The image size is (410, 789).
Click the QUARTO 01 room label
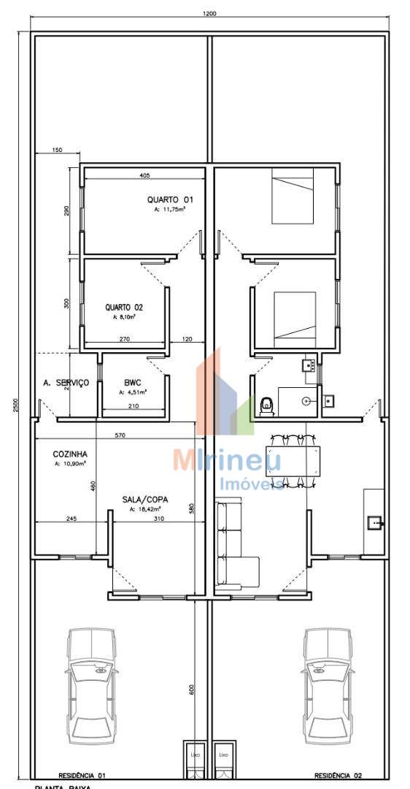[170, 199]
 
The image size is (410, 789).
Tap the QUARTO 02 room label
[118, 308]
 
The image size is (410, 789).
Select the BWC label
[132, 382]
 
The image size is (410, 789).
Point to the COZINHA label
[70, 454]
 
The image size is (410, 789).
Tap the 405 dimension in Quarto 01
[144, 175]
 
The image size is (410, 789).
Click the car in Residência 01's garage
[91, 684]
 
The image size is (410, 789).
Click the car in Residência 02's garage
[328, 684]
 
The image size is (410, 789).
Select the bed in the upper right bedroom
[293, 195]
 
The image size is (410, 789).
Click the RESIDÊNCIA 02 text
[338, 775]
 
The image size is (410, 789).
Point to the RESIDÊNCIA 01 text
[82, 775]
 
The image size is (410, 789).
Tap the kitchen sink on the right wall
[374, 522]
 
